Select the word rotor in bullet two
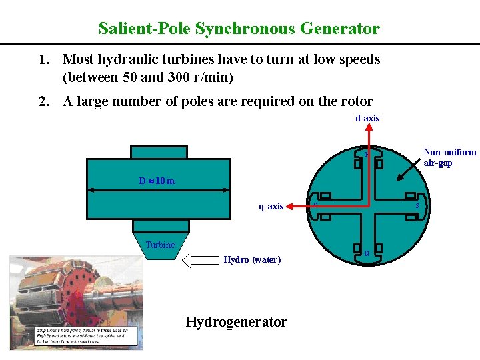pyautogui.click(x=355, y=101)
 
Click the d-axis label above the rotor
pyautogui.click(x=367, y=118)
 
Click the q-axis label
pyautogui.click(x=271, y=207)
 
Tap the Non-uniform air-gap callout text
pyautogui.click(x=450, y=157)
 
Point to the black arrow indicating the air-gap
pyautogui.click(x=407, y=167)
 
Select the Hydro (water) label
pyautogui.click(x=252, y=259)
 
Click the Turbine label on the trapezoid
pyautogui.click(x=160, y=245)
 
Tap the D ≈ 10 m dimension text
pyautogui.click(x=157, y=181)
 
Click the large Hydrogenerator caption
pyautogui.click(x=236, y=322)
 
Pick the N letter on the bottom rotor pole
pyautogui.click(x=367, y=254)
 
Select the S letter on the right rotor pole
pyautogui.click(x=417, y=206)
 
